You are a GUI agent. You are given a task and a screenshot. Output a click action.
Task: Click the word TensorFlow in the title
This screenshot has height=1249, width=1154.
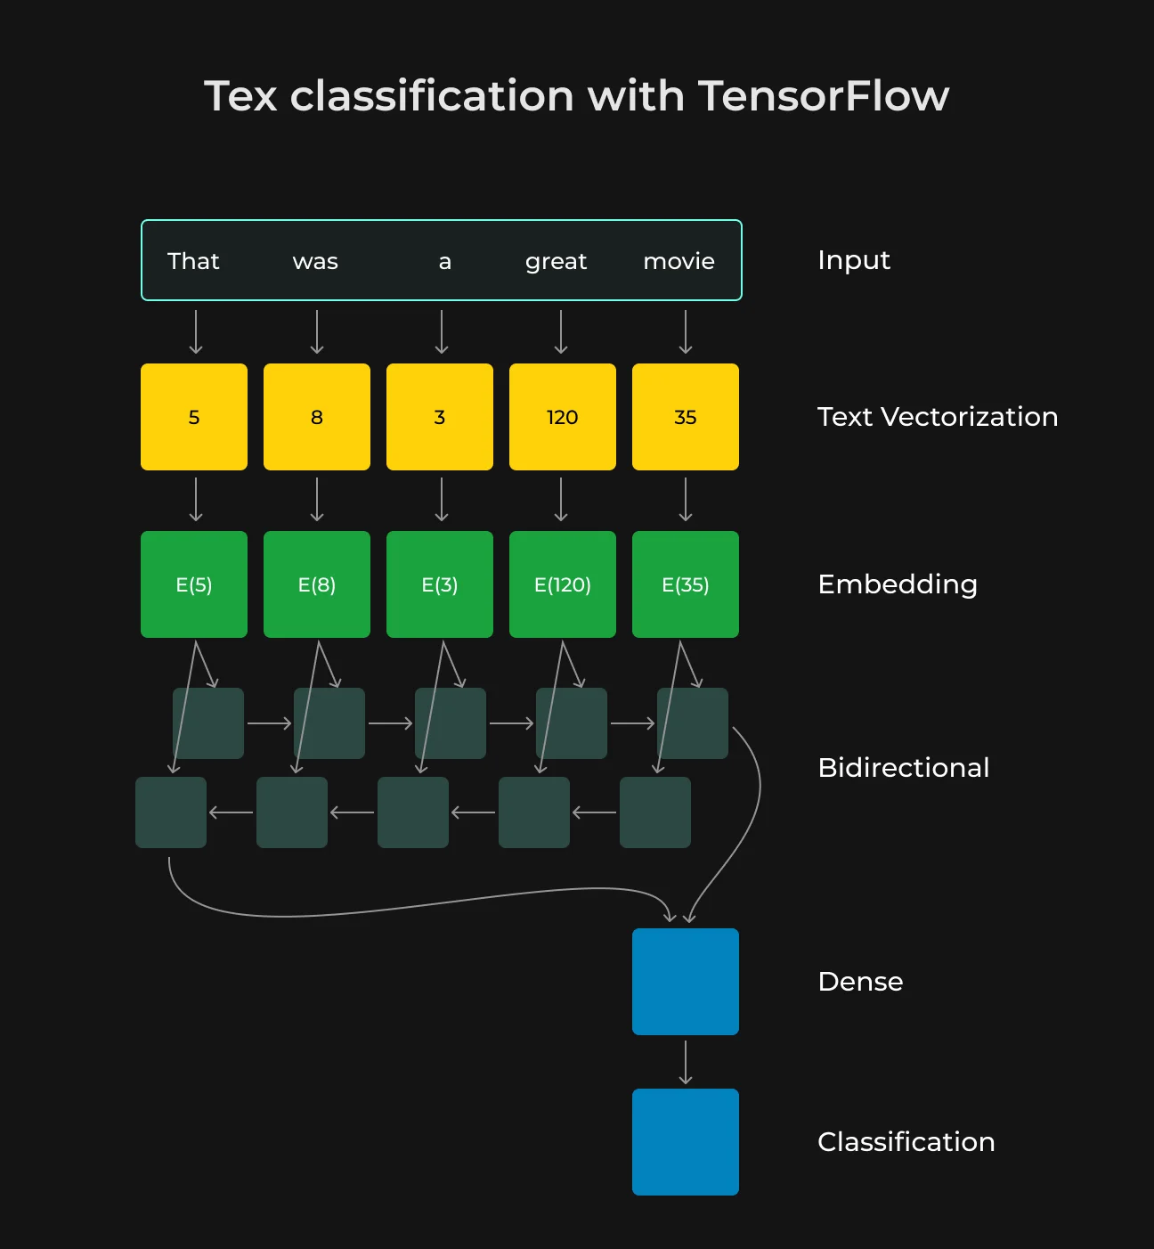click(824, 96)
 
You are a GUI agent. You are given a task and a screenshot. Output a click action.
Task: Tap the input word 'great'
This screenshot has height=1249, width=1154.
click(556, 262)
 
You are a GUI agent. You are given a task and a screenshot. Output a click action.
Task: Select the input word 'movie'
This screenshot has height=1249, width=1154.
click(679, 261)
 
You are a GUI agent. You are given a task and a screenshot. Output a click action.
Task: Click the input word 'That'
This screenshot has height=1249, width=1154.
click(193, 261)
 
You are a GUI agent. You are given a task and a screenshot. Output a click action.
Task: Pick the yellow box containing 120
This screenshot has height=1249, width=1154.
click(562, 417)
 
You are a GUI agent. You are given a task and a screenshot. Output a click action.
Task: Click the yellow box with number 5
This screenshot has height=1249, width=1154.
click(194, 417)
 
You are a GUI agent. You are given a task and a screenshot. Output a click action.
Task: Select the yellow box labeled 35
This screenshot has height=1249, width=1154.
click(686, 417)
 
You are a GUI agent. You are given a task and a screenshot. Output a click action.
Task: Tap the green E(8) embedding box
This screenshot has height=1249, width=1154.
click(317, 584)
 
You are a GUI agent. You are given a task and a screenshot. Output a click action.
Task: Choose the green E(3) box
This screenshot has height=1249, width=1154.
click(440, 584)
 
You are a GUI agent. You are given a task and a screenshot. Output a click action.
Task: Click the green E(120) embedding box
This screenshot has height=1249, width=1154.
click(562, 584)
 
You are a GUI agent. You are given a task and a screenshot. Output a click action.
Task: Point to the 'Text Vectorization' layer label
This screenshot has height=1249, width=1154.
click(938, 417)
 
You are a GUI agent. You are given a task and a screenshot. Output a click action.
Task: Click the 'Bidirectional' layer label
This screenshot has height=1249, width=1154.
click(904, 768)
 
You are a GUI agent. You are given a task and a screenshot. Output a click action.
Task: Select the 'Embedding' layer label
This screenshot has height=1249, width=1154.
click(898, 585)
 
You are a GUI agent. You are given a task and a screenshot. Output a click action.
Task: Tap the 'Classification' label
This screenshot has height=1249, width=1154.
click(906, 1142)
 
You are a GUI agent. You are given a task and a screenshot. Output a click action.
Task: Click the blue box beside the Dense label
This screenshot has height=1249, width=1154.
click(686, 982)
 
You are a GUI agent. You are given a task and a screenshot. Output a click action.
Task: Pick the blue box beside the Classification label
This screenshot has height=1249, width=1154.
click(686, 1142)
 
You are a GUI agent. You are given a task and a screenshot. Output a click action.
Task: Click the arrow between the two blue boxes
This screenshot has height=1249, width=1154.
click(686, 1062)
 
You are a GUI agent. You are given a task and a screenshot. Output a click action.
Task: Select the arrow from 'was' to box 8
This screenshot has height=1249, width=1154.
click(317, 331)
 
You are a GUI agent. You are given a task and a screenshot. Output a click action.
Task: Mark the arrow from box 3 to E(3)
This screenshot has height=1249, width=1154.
click(442, 500)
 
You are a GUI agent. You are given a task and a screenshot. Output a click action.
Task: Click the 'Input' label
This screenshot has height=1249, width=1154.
click(853, 261)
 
